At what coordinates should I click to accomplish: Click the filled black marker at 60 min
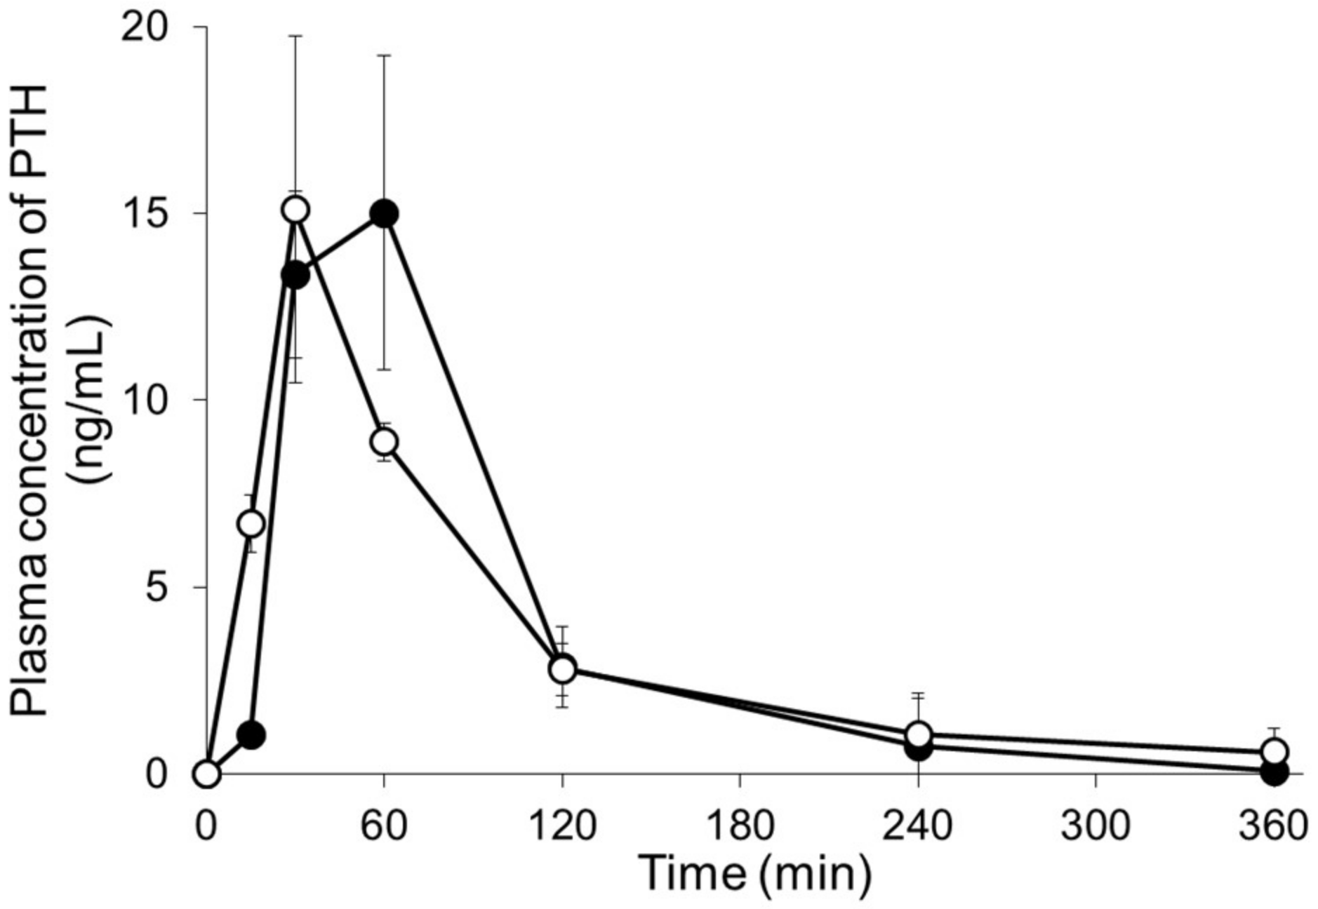(384, 213)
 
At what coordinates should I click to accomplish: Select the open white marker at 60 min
(384, 442)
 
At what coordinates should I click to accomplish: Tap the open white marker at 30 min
(295, 209)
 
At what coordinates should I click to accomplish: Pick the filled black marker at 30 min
(295, 276)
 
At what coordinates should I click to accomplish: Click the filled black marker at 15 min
(251, 735)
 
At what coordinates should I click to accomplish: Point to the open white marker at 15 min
(251, 523)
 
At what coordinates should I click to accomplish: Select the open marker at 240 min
(918, 734)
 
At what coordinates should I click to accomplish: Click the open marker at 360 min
(1274, 752)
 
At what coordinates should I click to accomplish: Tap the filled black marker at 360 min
(1274, 772)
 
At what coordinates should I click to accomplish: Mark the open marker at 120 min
(562, 669)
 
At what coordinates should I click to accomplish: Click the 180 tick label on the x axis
(740, 826)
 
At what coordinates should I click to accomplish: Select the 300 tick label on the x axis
(1095, 826)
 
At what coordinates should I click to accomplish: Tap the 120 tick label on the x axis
(561, 826)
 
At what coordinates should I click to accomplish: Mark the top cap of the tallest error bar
(295, 35)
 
